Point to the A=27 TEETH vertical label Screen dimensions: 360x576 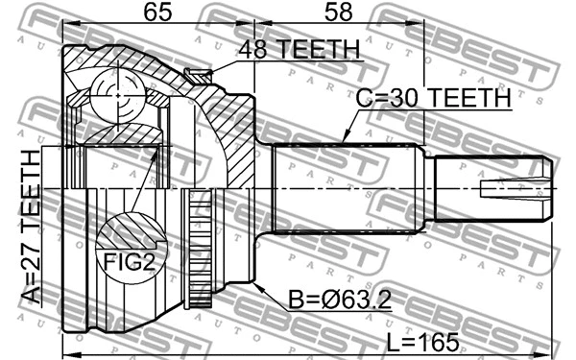pyautogui.click(x=30, y=225)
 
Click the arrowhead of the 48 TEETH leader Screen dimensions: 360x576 pyautogui.click(x=213, y=70)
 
